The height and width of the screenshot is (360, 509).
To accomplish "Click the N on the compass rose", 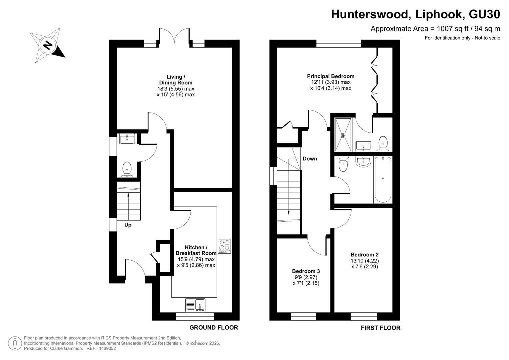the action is pos(48,45).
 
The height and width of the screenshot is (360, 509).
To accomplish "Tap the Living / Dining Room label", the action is pos(176,80).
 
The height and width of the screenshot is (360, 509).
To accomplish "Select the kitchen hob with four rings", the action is pos(224,246).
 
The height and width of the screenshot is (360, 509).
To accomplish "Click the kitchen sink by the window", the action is pos(195,305).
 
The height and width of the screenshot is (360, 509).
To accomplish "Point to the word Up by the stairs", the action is pos(128,225).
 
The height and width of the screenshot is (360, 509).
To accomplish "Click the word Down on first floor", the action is pos(310,159).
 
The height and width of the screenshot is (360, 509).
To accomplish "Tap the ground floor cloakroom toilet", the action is pos(127,170).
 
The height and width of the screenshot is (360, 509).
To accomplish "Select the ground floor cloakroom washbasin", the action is pos(127,139).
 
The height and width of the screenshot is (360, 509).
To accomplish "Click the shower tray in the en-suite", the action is pos(343,135).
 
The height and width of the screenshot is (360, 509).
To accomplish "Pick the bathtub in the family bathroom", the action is pos(383,179).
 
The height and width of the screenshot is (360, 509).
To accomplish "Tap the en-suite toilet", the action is pos(383,144).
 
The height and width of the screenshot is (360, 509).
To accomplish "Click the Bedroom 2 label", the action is pos(364,255).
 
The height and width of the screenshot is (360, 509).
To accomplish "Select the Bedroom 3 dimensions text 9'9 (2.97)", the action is pos(306,277).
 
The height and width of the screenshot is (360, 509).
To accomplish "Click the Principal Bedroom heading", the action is pos(331,76).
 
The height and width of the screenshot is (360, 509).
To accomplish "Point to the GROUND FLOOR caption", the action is pos(214,327).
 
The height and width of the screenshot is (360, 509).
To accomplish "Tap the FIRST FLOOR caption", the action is pos(381,328).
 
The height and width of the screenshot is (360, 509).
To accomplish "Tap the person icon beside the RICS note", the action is pos(15,343).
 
